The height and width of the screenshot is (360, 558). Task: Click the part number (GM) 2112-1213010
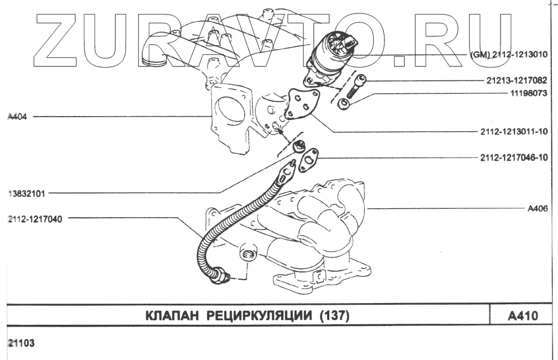[x=512, y=55]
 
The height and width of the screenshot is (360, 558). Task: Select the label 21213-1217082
[x=517, y=80]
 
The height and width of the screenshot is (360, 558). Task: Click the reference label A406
[x=537, y=209]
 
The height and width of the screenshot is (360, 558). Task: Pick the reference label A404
[x=18, y=117]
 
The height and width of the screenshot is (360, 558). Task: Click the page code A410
[x=522, y=316]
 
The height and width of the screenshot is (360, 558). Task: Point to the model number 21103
[x=21, y=344]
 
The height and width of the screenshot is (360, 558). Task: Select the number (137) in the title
[x=334, y=316]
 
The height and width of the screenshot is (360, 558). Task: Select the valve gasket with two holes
[x=301, y=105]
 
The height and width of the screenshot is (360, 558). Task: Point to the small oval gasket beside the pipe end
[x=309, y=160]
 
